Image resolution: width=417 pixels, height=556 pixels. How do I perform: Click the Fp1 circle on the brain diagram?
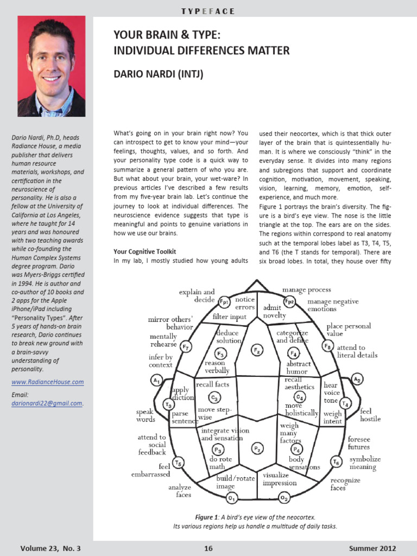pos(224,301)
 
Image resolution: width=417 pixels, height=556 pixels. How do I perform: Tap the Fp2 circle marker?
pos(289,301)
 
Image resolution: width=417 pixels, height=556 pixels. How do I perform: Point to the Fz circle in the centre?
pos(257,350)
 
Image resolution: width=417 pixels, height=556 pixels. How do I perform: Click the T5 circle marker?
pos(179,462)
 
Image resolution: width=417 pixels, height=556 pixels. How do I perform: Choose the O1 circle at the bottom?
pos(232,497)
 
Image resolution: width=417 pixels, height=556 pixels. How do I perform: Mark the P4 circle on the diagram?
pos(296,449)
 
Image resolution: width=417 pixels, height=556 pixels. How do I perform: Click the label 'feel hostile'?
pos(370,415)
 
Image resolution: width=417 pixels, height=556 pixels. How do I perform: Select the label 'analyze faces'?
pos(180,491)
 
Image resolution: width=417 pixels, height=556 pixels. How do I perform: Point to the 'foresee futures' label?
pos(359,443)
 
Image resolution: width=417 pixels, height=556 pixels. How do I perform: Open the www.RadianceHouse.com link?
pos(48,382)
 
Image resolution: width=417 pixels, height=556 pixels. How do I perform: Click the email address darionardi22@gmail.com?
pos(47,403)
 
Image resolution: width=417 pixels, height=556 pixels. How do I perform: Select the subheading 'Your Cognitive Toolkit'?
pos(144,251)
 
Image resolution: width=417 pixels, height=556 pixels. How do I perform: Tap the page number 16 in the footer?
pos(208,548)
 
